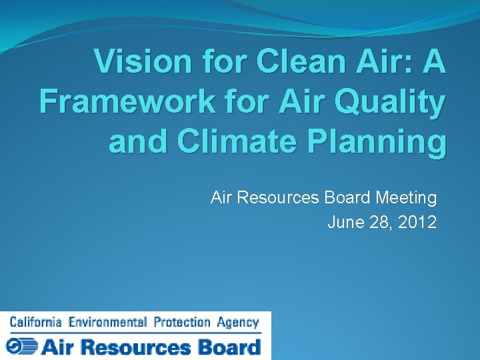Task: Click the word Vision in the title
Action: point(134,63)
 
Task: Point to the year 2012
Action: point(418,222)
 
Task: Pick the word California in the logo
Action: point(35,323)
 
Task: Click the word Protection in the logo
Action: point(182,323)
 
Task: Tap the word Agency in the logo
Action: point(237,323)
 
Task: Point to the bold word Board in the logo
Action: point(228,347)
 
